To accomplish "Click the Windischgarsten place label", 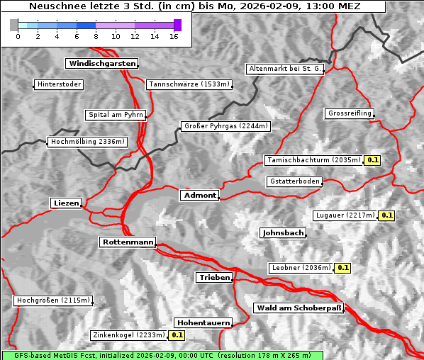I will click(x=101, y=64).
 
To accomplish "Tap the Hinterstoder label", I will click(x=59, y=84).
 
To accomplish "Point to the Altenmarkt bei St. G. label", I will click(x=285, y=69).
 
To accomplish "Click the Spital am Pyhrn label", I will click(x=116, y=115).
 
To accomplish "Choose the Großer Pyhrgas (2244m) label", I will click(x=225, y=126).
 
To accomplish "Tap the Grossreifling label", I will click(x=350, y=113).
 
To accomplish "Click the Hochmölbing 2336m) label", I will click(x=88, y=142).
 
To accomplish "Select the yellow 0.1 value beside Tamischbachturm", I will click(x=373, y=160).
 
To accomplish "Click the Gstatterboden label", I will click(x=294, y=181).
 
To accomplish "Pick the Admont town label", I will click(x=200, y=195).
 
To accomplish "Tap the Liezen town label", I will click(x=67, y=203).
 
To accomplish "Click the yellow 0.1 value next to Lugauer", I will click(x=386, y=215).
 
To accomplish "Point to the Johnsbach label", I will click(x=283, y=232).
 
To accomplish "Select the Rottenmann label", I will click(x=128, y=242).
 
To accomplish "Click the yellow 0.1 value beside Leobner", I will click(x=342, y=268).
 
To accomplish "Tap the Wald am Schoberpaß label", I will click(x=298, y=308).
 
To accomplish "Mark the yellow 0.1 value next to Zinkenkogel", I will click(x=177, y=335).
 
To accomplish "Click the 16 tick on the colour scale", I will click(x=174, y=35).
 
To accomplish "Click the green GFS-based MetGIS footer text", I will click(x=162, y=355).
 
